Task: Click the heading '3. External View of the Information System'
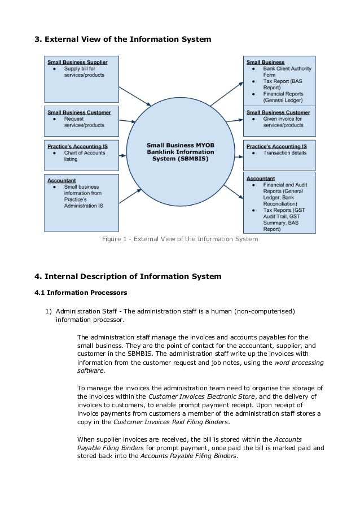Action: [123, 40]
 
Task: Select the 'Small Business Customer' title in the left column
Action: [79, 112]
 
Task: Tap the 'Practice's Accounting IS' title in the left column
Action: [77, 146]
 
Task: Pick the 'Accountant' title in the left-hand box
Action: [62, 180]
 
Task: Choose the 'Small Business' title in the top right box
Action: [265, 62]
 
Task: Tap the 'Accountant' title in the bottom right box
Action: [261, 177]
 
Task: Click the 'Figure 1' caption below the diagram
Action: [179, 239]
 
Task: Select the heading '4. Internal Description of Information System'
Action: [128, 276]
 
